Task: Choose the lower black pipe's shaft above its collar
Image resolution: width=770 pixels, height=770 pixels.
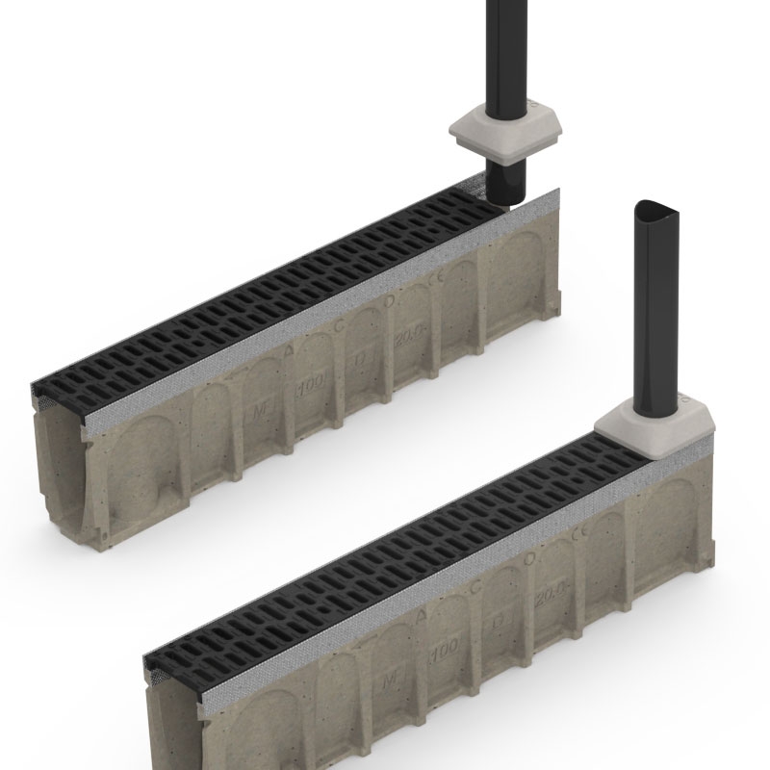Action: [655, 308]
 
